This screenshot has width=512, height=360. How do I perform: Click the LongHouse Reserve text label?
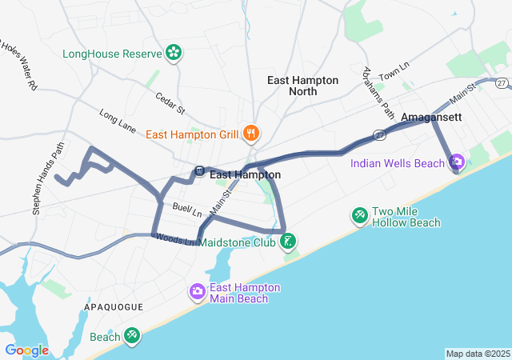(111, 54)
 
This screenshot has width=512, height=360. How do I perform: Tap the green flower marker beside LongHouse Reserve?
(173, 54)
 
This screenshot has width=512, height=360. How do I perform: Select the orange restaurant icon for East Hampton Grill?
(251, 134)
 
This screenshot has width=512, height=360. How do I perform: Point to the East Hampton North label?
(302, 86)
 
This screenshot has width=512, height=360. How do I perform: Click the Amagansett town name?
(431, 117)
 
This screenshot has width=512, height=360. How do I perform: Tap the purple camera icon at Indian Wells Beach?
(457, 163)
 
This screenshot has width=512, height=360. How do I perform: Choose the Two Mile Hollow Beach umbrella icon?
(360, 215)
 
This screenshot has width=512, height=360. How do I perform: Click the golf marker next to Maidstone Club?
(288, 241)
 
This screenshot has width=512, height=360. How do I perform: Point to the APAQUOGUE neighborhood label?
(114, 307)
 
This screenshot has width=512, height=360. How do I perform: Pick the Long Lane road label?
(118, 121)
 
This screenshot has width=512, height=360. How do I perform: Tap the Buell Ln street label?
(187, 210)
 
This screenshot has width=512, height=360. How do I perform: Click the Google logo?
(26, 350)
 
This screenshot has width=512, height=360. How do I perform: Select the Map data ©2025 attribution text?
(477, 354)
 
